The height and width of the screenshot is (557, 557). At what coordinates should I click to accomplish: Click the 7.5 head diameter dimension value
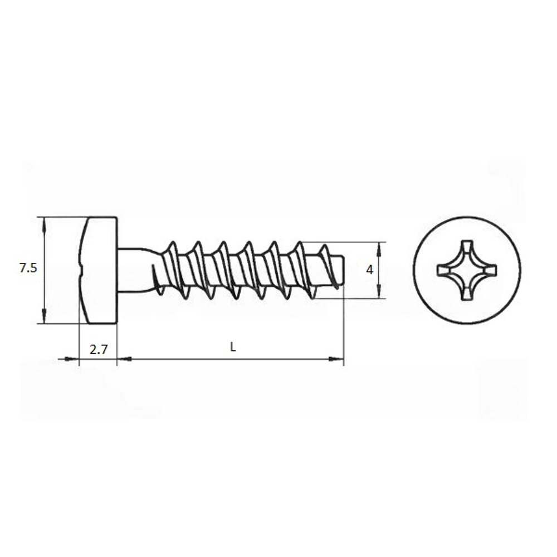pyautogui.click(x=28, y=268)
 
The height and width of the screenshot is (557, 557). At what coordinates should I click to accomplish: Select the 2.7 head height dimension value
pyautogui.click(x=99, y=350)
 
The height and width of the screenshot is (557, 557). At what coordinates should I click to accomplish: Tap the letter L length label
pyautogui.click(x=233, y=347)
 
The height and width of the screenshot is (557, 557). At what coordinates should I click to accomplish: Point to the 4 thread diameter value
pyautogui.click(x=370, y=270)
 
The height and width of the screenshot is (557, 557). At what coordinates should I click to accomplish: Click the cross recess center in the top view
pyautogui.click(x=467, y=270)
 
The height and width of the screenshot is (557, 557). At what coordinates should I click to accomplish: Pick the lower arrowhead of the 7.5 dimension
pyautogui.click(x=44, y=316)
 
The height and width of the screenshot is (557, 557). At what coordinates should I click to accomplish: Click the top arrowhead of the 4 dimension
pyautogui.click(x=379, y=250)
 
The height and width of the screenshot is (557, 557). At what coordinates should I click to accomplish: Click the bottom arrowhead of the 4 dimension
pyautogui.click(x=379, y=291)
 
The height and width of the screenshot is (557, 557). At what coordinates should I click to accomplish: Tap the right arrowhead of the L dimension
pyautogui.click(x=336, y=359)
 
